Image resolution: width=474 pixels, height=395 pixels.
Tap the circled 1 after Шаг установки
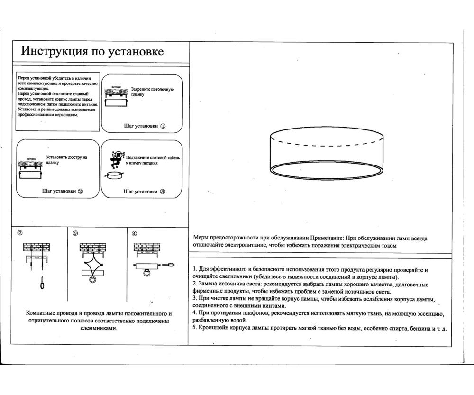[163, 127]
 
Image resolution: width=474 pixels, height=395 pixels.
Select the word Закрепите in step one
[141, 89]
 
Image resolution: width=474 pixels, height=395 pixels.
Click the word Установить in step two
[57, 157]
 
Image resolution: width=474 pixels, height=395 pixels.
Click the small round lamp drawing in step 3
[114, 175]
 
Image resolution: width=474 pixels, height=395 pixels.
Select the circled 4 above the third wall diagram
[134, 233]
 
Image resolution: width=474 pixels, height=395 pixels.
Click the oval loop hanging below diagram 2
[42, 284]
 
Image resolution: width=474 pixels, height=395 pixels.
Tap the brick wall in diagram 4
[145, 248]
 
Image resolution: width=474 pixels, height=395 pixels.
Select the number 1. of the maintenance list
[195, 270]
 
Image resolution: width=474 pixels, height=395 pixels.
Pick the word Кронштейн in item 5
[214, 328]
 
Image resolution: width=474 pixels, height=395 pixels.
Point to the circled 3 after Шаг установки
[163, 192]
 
